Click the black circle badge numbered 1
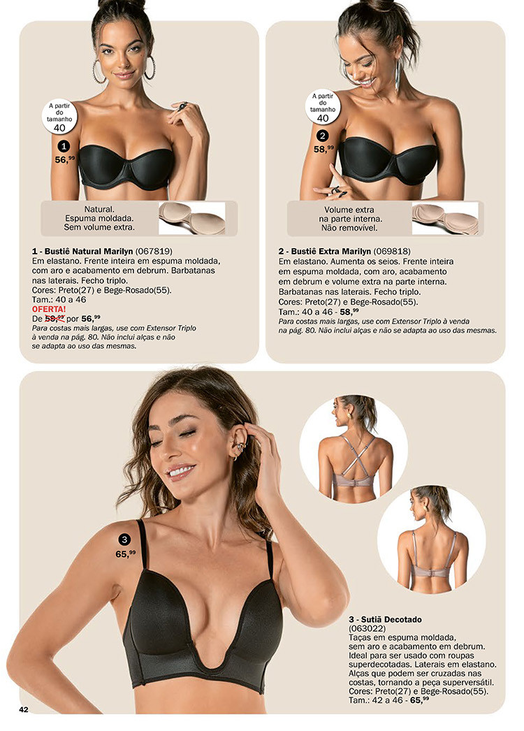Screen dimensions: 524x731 click(x=64, y=146)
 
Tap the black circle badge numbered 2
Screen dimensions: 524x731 click(x=323, y=136)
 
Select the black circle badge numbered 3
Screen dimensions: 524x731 click(x=124, y=540)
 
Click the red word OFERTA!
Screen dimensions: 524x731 click(x=49, y=309)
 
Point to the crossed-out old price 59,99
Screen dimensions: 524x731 click(x=54, y=319)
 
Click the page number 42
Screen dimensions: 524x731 click(x=23, y=709)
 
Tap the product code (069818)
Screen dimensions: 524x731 click(x=392, y=252)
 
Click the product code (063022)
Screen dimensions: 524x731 click(x=367, y=628)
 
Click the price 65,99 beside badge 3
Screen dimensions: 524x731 click(x=125, y=554)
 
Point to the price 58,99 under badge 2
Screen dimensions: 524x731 click(x=323, y=149)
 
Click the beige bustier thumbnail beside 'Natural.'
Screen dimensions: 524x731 click(x=191, y=218)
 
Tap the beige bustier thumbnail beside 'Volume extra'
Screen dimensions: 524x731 click(x=445, y=218)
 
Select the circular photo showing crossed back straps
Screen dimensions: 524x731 click(x=354, y=449)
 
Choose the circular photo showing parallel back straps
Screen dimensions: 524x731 click(x=431, y=540)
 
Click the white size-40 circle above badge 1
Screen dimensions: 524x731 click(x=59, y=117)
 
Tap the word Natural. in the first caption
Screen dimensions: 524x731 click(x=99, y=210)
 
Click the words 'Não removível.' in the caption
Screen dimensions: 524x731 click(x=349, y=228)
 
